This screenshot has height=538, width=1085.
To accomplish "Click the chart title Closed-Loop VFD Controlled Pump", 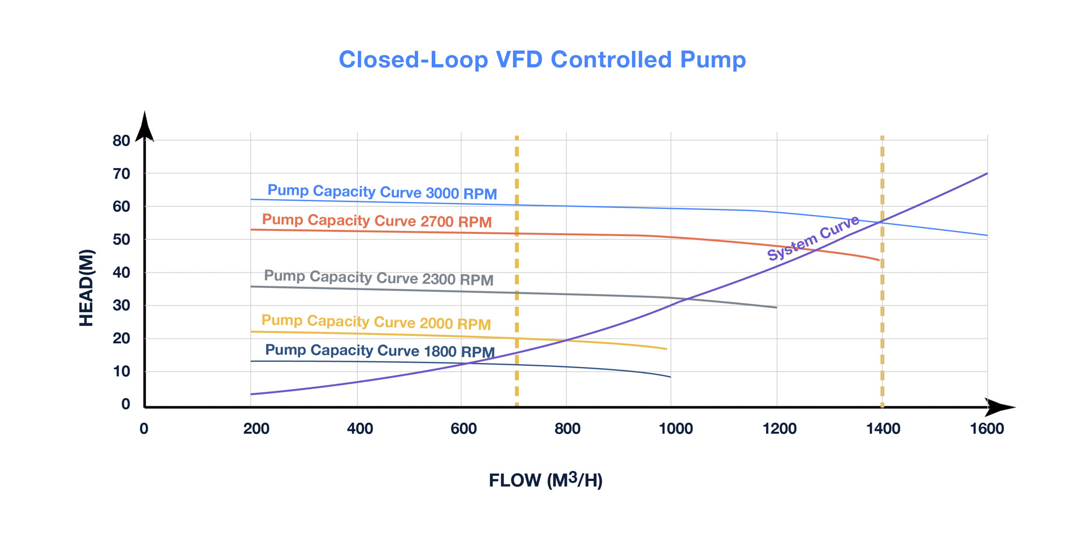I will point(542,60).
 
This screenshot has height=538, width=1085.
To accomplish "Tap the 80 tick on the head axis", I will point(121,141).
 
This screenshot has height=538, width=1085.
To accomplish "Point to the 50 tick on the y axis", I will point(121,239).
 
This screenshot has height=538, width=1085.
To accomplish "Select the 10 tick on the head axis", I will point(121,371).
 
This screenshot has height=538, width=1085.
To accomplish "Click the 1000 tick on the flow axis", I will point(675,429).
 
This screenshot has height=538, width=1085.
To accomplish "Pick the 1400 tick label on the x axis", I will point(883,429).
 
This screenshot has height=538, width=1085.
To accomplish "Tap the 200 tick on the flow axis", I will point(256,429).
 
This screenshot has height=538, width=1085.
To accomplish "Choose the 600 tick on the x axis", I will point(463,429).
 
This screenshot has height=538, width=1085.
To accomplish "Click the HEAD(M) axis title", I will point(86,288).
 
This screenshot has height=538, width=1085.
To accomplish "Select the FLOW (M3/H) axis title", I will point(545,480).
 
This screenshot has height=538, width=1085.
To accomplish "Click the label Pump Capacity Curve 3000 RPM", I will point(382,192).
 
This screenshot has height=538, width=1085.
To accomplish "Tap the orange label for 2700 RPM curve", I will point(376,221).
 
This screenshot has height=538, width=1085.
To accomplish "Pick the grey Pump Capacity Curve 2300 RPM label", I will point(379,278).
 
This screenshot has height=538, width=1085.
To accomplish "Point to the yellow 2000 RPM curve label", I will point(376,322).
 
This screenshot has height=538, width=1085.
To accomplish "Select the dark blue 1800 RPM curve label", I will point(380,351).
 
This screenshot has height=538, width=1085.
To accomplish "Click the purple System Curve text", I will point(813,238).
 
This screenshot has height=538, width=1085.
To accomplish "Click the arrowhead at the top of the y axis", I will point(145,125).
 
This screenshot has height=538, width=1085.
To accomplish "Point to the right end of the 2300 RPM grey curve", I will point(776,307).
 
